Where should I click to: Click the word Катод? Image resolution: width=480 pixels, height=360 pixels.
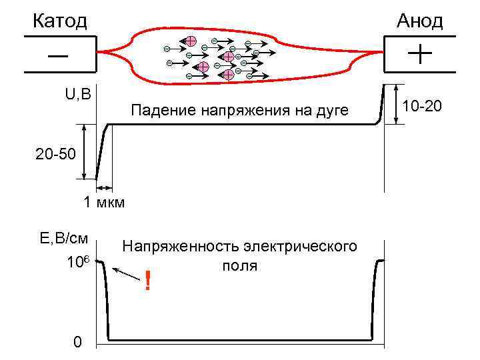pyautogui.click(x=60, y=21)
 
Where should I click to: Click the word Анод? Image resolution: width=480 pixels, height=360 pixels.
pyautogui.click(x=419, y=21)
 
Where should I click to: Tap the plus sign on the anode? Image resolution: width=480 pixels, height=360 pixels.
pyautogui.click(x=419, y=53)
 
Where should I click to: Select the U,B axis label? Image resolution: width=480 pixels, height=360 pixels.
pyautogui.click(x=77, y=93)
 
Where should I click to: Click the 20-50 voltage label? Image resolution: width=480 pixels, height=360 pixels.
pyautogui.click(x=57, y=155)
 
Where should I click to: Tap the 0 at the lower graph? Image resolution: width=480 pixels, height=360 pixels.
pyautogui.click(x=77, y=343)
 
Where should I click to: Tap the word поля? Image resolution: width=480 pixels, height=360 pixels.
pyautogui.click(x=239, y=265)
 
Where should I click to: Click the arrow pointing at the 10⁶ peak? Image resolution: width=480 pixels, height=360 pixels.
pyautogui.click(x=127, y=274)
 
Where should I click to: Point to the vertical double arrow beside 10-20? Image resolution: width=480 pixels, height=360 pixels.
pyautogui.click(x=397, y=104)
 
